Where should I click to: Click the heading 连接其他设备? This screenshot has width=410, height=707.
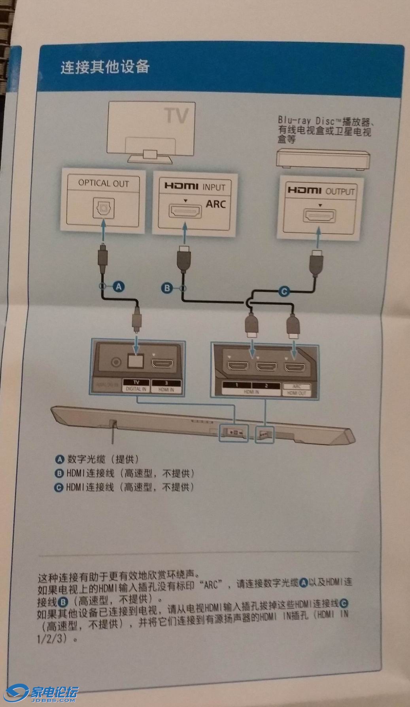point(105,67)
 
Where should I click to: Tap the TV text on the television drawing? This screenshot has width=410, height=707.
point(176,115)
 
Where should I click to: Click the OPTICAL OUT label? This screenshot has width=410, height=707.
point(104,183)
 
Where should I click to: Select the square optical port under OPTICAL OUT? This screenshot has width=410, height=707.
point(104,207)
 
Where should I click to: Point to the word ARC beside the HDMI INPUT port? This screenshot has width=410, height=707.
point(215,204)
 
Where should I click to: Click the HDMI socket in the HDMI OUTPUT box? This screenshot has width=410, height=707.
point(320,217)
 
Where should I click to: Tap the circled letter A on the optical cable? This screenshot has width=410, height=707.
point(119,286)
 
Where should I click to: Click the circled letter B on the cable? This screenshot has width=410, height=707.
point(167,288)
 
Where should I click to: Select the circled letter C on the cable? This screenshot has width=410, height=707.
point(284,292)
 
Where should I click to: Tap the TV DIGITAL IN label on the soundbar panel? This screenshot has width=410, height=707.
point(136,386)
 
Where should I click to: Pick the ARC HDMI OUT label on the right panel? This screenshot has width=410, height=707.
point(297,390)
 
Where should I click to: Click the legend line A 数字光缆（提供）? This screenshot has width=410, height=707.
point(97,459)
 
